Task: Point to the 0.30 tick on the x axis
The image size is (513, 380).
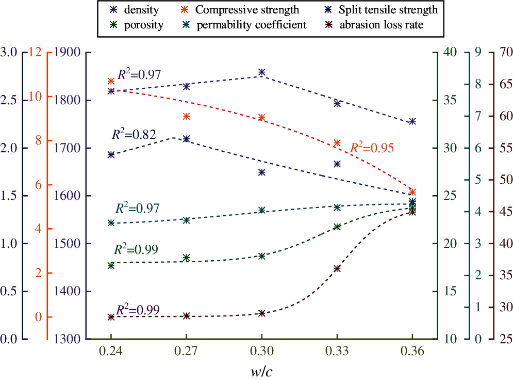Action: point(261,352)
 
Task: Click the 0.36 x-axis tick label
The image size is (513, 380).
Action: point(412,352)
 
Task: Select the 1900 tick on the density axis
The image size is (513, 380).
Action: point(67,53)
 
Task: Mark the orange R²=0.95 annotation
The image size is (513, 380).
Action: point(372,148)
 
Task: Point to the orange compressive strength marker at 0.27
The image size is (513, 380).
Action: point(187,116)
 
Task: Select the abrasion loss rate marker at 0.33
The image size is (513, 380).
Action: point(337,268)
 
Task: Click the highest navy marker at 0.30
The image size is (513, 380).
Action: point(261,72)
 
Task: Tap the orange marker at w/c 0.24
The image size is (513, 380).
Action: point(111,81)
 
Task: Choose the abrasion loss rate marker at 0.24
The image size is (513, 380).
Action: point(111,317)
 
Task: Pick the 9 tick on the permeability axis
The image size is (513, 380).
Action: point(477,53)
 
